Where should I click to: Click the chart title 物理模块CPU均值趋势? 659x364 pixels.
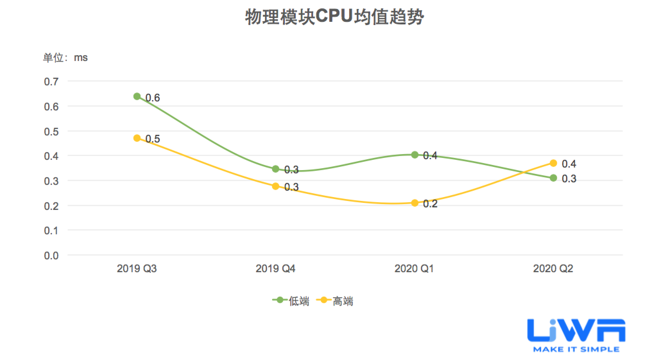[334, 17]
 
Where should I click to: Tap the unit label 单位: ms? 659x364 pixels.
[65, 58]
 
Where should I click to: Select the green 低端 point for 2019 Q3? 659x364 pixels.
[137, 96]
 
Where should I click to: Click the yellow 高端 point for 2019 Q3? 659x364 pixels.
[137, 138]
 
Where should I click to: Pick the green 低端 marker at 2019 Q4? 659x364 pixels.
[276, 169]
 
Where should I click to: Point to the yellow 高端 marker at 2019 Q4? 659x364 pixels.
[276, 186]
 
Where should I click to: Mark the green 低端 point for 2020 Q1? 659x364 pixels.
[415, 155]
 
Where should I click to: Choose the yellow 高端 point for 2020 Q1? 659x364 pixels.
[415, 203]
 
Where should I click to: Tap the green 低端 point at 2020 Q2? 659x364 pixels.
[553, 178]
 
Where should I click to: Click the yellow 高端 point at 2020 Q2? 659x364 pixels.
[553, 163]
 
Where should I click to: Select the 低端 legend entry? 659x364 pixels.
[291, 301]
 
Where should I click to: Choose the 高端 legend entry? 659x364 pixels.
[335, 301]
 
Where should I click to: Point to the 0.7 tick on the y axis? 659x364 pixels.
[51, 82]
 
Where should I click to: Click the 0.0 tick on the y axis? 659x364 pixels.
[51, 256]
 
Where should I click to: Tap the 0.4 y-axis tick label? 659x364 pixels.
[51, 156]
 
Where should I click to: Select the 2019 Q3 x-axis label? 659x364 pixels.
[137, 268]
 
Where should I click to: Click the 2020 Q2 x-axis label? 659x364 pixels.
[553, 268]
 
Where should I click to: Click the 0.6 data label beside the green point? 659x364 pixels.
[153, 98]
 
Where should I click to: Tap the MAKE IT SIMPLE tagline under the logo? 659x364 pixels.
[576, 349]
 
